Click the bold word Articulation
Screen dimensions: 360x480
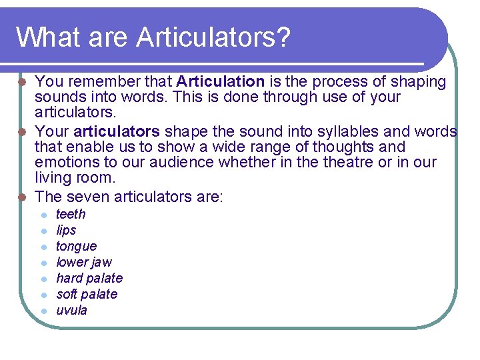tap(221, 82)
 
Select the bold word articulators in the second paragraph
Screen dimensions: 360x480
tap(117, 131)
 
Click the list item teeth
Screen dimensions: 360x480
tap(71, 214)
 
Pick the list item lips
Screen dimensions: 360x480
tap(66, 230)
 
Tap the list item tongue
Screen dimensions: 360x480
tap(76, 246)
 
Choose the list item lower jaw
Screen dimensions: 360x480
tap(83, 262)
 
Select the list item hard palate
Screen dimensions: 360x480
tap(89, 278)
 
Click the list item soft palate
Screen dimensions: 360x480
tap(87, 294)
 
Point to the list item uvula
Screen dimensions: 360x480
tap(71, 310)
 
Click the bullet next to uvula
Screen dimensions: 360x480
tap(42, 311)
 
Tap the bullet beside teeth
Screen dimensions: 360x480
tap(42, 215)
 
